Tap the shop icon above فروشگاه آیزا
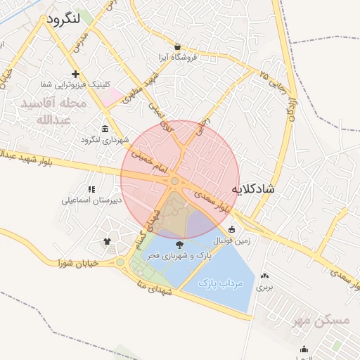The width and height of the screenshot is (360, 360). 178,46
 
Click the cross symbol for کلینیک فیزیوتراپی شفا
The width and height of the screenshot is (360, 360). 75,74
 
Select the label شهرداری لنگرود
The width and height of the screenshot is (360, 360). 105,139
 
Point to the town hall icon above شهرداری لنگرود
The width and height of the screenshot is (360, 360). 105,128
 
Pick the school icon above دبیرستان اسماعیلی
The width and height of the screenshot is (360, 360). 91,189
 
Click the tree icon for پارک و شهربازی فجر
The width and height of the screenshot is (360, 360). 180,245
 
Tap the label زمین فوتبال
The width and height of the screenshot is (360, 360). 232,240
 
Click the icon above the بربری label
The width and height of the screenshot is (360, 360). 264,276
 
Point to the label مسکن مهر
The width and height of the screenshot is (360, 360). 323,321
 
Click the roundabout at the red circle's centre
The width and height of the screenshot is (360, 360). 174,181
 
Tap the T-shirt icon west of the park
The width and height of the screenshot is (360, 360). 107,240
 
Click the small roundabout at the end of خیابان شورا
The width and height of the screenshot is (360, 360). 120,263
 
